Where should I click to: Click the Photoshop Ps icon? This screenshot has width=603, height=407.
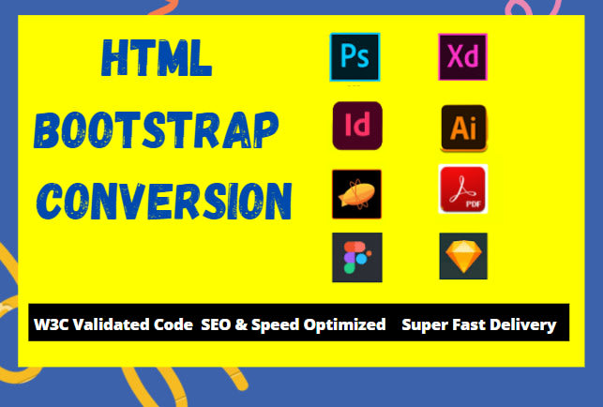click(354, 58)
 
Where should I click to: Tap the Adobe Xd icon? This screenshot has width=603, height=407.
click(462, 57)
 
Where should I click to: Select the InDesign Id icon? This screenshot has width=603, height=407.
click(357, 126)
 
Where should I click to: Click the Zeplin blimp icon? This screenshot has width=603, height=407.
click(355, 194)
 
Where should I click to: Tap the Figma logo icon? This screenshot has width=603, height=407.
click(357, 257)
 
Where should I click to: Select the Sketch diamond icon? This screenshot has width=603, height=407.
click(463, 256)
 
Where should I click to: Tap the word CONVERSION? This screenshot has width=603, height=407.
click(167, 201)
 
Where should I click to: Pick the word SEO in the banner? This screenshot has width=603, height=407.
click(216, 324)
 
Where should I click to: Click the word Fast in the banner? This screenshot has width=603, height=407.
click(470, 324)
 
